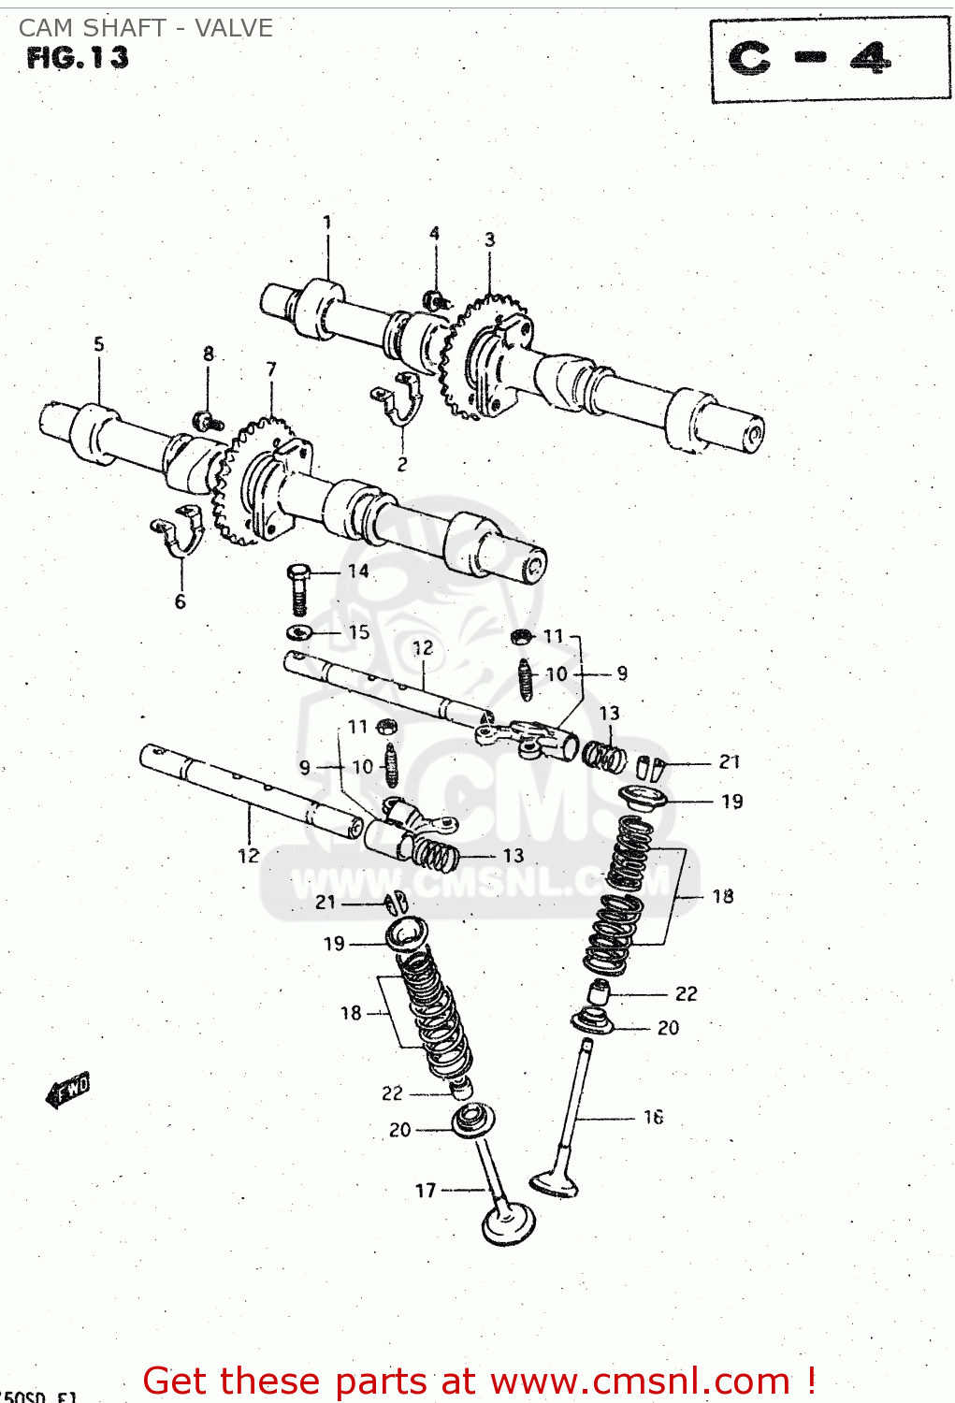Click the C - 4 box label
pos(809,59)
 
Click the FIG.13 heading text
pos(78,58)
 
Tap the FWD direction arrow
pos(68,1090)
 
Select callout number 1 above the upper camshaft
pos(327,223)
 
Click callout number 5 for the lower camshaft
pos(99,344)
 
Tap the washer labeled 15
pos(299,633)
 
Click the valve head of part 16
pos(554,1183)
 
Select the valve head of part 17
pos(509,1223)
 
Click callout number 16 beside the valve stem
pos(653,1117)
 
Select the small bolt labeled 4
pos(434,300)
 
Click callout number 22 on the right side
pos(687,993)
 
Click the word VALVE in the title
pos(234,28)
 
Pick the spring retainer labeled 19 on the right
pos(644,798)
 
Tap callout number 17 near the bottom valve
pos(426,1190)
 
